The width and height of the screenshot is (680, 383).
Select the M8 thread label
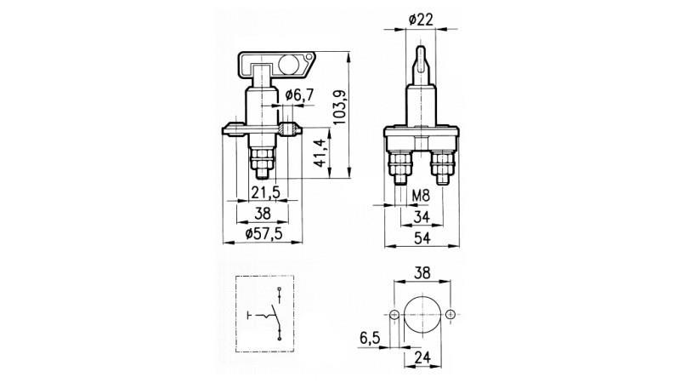click(x=422, y=195)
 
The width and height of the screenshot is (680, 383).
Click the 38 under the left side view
click(x=264, y=214)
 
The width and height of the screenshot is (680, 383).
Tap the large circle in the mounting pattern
click(x=422, y=315)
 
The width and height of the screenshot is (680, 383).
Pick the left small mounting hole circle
click(x=394, y=315)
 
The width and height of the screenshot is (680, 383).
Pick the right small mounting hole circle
click(x=450, y=315)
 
